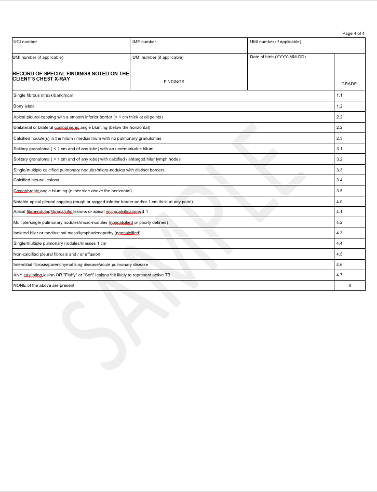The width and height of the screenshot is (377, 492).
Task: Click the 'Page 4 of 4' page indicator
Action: point(353,33)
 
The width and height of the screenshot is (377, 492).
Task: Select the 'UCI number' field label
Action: point(25,42)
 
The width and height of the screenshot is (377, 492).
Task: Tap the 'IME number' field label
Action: point(144,42)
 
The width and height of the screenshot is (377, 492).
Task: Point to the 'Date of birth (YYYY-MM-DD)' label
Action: point(278,57)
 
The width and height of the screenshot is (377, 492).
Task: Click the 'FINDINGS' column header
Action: point(174,82)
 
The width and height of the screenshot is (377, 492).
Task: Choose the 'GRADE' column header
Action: point(349,84)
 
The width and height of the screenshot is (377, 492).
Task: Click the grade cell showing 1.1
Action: point(340,96)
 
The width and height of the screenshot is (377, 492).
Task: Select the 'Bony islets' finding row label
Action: point(24,106)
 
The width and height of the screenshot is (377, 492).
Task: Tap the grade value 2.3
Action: point(340,138)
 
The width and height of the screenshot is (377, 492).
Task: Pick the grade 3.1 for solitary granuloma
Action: point(340,149)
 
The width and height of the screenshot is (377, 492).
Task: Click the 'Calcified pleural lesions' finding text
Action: point(36,180)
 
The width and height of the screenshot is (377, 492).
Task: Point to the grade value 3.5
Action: point(340,191)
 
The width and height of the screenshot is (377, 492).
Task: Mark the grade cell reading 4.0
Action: point(340,202)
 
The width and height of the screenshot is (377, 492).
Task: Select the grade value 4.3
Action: point(340,233)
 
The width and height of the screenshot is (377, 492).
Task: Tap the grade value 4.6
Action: point(340,264)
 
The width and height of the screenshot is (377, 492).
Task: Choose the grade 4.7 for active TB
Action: point(340,275)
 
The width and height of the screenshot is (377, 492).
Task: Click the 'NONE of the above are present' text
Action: point(44,285)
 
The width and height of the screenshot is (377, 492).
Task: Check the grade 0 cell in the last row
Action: point(350,285)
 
